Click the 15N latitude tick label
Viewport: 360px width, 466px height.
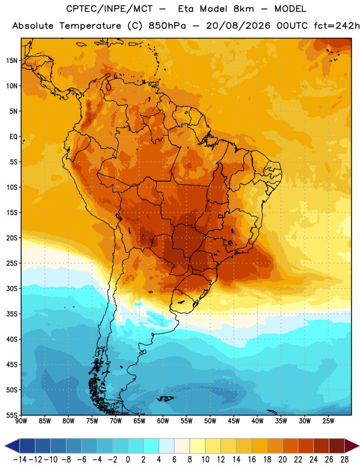click(x=12, y=61)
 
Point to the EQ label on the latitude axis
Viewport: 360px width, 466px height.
click(x=13, y=137)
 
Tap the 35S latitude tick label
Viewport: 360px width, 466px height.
click(x=12, y=314)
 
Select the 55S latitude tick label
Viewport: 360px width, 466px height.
click(x=12, y=415)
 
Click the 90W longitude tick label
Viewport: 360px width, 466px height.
click(x=21, y=421)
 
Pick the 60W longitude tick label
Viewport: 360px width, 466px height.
click(x=163, y=421)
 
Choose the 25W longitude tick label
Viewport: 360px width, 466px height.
click(x=328, y=421)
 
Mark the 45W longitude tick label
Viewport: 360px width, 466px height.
click(x=234, y=421)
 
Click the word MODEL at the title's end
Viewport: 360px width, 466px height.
click(x=290, y=9)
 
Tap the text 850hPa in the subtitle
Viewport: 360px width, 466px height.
click(x=167, y=26)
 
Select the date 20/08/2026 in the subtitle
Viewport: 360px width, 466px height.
click(x=238, y=26)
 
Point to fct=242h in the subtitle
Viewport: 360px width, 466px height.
click(x=337, y=26)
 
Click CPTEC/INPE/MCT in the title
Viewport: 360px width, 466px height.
click(x=109, y=9)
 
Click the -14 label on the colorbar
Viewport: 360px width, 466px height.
click(x=20, y=460)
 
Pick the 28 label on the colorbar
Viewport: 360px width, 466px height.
click(x=344, y=460)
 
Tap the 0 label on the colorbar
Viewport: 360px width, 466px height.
click(x=128, y=460)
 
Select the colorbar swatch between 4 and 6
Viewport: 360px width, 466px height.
click(x=167, y=446)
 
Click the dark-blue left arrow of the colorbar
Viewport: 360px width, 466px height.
click(x=12, y=446)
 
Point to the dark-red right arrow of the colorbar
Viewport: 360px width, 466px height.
click(x=352, y=446)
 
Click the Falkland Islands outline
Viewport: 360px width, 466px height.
click(x=165, y=398)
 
